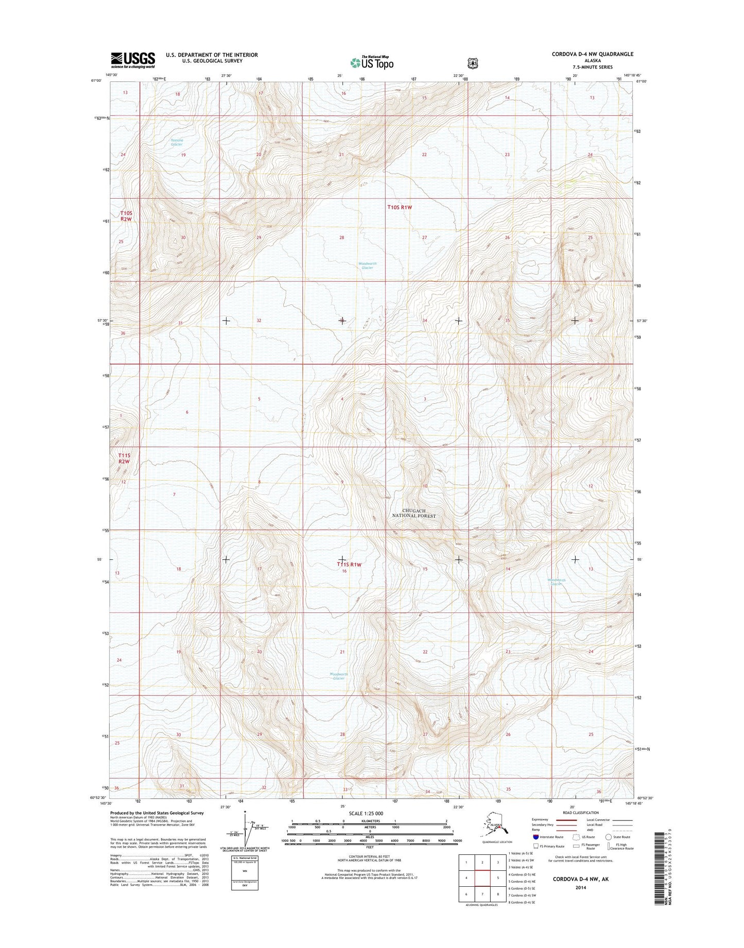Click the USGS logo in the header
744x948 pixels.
[133, 60]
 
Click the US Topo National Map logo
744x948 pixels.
[372, 62]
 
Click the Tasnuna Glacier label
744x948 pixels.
[177, 142]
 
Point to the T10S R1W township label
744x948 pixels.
[400, 207]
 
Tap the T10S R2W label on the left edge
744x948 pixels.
[126, 216]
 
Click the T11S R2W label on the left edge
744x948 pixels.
[124, 459]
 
